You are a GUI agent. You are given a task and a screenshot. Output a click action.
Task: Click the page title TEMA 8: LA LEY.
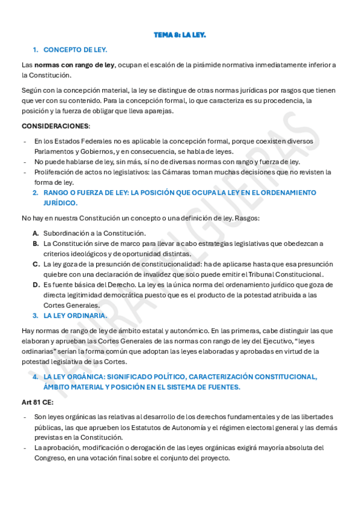pyautogui.click(x=180, y=35)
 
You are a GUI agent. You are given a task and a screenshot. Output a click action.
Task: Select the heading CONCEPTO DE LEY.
pyautogui.click(x=75, y=49)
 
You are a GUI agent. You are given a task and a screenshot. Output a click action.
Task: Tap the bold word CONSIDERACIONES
pyautogui.click(x=55, y=126)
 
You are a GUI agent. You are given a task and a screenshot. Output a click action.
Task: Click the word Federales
pyautogui.click(x=85, y=141)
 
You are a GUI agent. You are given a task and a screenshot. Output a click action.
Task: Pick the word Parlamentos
pyautogui.click(x=53, y=151)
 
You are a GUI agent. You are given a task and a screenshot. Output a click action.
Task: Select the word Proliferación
pyautogui.click(x=55, y=172)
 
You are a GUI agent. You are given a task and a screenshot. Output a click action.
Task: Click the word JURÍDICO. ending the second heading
pyautogui.click(x=60, y=203)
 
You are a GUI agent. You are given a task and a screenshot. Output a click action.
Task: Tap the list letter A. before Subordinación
pyautogui.click(x=36, y=233)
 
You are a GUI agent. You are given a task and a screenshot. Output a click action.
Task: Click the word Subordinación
pyautogui.click(x=69, y=233)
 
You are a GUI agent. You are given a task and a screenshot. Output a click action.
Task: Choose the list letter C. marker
pyautogui.click(x=36, y=264)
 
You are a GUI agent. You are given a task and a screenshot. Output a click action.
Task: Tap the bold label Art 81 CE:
pyautogui.click(x=38, y=401)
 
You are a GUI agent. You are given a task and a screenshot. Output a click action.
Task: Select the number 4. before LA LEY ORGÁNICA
pyautogui.click(x=36, y=376)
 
